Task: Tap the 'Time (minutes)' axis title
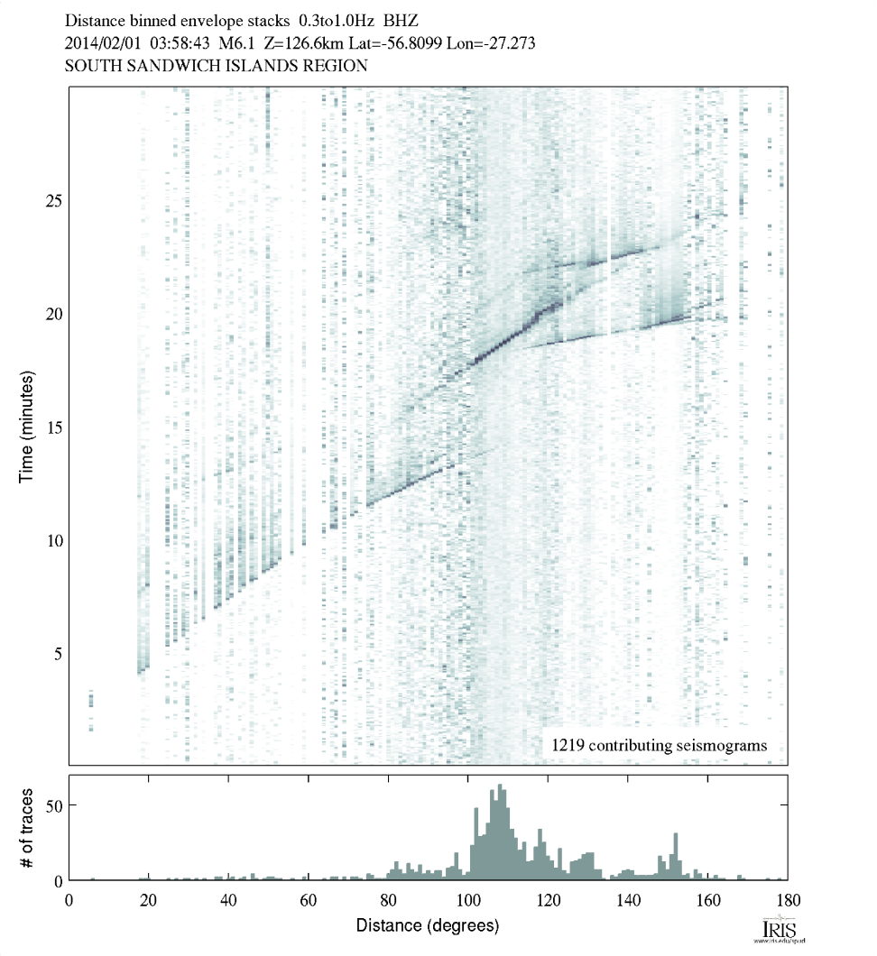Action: click(x=26, y=425)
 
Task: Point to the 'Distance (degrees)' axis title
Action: click(x=427, y=925)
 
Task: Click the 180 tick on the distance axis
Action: click(x=788, y=899)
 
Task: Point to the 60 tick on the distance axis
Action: click(x=309, y=899)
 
